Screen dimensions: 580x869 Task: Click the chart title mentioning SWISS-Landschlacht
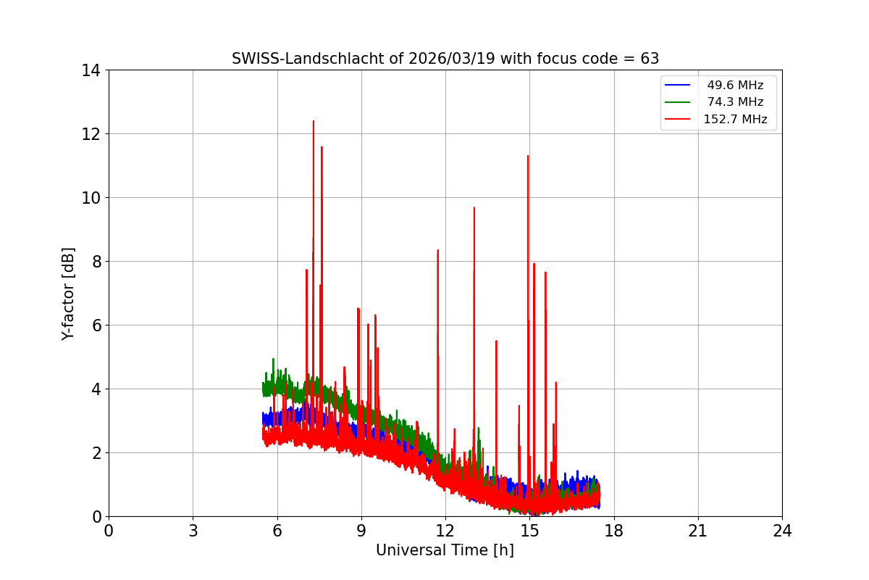(445, 59)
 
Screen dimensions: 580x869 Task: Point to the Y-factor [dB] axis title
(68, 294)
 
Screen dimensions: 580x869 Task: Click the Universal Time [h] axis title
(445, 550)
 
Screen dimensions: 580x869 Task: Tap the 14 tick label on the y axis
(91, 70)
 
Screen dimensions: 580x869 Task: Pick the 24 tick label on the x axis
(782, 531)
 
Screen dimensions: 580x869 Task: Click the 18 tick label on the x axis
(614, 531)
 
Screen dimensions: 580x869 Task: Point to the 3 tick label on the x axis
(193, 531)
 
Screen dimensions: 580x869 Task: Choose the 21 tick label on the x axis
(698, 531)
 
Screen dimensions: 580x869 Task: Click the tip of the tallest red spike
(314, 121)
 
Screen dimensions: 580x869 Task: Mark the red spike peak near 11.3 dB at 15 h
(528, 156)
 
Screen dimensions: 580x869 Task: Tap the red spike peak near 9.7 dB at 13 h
(474, 207)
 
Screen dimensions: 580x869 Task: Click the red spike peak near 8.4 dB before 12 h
(437, 250)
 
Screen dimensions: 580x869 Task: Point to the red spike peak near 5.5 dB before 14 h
(496, 341)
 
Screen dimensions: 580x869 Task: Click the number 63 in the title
(650, 59)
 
